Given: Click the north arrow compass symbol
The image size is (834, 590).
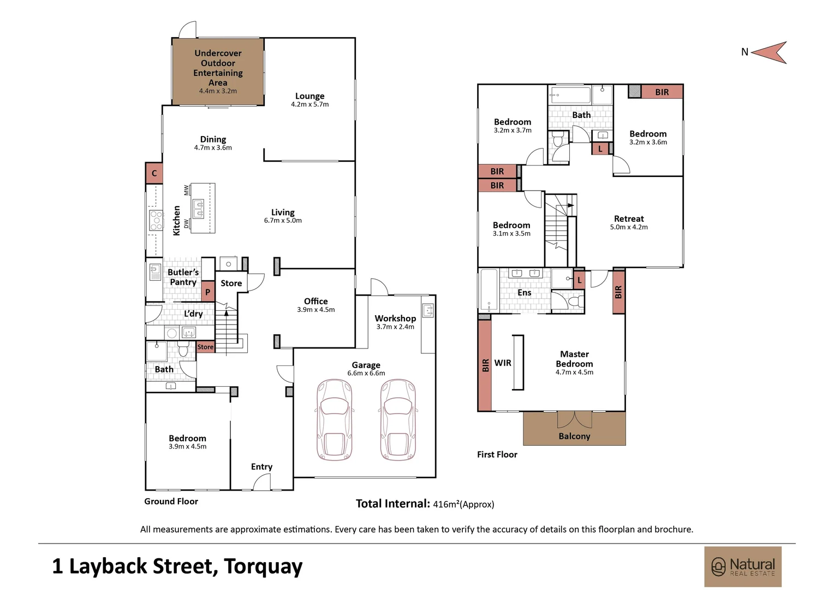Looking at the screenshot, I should [x=770, y=52].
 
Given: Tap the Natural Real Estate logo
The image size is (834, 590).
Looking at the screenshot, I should [x=742, y=567].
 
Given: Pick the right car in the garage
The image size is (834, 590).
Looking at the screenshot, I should [x=398, y=420].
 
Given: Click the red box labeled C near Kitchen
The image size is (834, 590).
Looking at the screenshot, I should [x=154, y=173].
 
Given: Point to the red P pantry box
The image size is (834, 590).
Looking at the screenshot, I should [x=207, y=292].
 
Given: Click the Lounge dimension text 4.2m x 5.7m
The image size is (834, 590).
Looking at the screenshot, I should [x=309, y=104].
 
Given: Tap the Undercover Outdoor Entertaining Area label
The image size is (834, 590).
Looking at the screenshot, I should [x=218, y=68].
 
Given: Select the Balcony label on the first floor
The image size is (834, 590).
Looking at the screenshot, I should [x=574, y=436].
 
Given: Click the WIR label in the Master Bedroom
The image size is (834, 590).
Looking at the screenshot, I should [x=503, y=363].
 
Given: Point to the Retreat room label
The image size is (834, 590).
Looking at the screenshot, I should [x=629, y=219].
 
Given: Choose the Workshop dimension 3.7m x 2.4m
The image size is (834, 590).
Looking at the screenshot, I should [x=395, y=327].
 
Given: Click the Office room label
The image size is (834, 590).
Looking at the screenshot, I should [x=315, y=301].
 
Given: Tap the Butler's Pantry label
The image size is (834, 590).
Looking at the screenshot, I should [x=183, y=277].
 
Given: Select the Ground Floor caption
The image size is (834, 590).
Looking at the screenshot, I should [x=171, y=501].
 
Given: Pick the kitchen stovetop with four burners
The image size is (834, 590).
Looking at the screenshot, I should [x=156, y=220].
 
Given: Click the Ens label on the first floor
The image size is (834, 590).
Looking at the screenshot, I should [x=524, y=293].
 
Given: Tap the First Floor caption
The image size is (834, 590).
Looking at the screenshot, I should [x=497, y=454].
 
